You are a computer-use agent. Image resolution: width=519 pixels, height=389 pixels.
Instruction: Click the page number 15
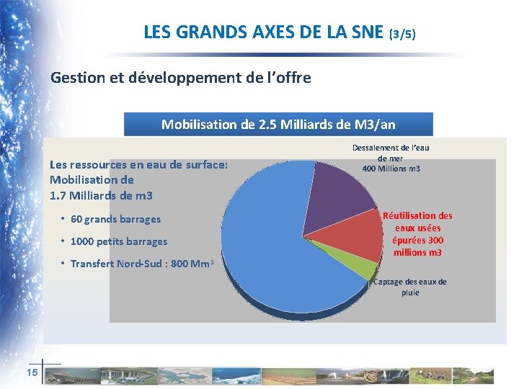pyautogui.click(x=32, y=372)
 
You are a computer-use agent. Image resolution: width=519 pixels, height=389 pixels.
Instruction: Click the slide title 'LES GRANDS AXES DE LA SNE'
pyautogui.click(x=264, y=32)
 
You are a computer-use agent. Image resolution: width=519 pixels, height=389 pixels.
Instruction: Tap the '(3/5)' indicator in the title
pyautogui.click(x=402, y=34)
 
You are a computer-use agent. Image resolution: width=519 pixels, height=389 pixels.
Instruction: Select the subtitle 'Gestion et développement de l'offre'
pyautogui.click(x=181, y=77)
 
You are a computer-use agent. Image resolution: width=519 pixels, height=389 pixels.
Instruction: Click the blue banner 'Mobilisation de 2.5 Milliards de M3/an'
pyautogui.click(x=278, y=124)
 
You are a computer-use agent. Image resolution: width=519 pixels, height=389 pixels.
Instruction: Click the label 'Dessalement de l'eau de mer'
pyautogui.click(x=391, y=153)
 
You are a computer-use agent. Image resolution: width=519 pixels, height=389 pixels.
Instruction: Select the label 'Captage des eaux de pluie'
pyautogui.click(x=409, y=287)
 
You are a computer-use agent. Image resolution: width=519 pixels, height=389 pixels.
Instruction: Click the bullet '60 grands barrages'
pyautogui.click(x=115, y=219)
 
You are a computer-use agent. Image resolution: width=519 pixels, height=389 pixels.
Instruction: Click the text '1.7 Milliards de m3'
pyautogui.click(x=91, y=195)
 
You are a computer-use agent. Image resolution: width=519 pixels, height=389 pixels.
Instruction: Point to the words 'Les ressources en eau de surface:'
pyautogui.click(x=138, y=164)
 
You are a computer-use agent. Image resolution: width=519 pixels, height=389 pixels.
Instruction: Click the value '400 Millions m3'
pyautogui.click(x=391, y=169)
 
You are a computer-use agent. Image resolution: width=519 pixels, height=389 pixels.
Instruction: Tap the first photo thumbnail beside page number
pyautogui.click(x=65, y=375)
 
